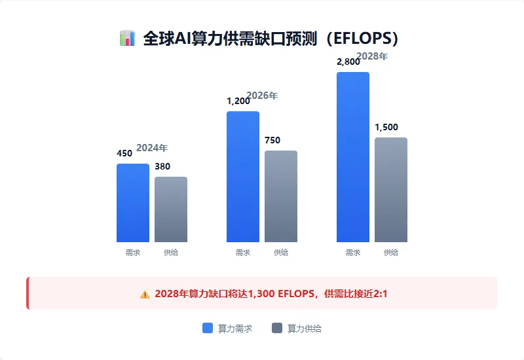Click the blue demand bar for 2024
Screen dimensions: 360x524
tap(133, 203)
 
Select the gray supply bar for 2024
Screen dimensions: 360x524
tap(171, 209)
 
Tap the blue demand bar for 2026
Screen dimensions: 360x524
tap(243, 177)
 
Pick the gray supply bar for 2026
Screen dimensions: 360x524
tap(281, 196)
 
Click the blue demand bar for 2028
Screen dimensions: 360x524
tap(353, 157)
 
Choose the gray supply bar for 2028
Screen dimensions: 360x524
tap(391, 190)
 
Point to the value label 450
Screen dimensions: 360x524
tap(124, 153)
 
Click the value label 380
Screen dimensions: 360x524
tap(162, 166)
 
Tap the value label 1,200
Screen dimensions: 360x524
tap(238, 101)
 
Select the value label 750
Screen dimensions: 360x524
tap(272, 140)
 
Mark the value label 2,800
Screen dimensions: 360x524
tap(348, 62)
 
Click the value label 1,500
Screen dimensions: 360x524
tap(386, 127)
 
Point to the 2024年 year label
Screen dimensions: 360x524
tap(152, 148)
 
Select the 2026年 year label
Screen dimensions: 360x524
tap(262, 96)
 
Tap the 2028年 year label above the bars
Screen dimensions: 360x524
tap(372, 56)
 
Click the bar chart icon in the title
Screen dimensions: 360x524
tap(127, 38)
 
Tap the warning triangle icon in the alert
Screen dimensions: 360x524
tap(145, 294)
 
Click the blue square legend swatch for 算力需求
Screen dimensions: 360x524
tap(208, 329)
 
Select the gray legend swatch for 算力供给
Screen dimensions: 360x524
tap(277, 329)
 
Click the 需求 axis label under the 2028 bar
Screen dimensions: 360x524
tap(353, 253)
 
